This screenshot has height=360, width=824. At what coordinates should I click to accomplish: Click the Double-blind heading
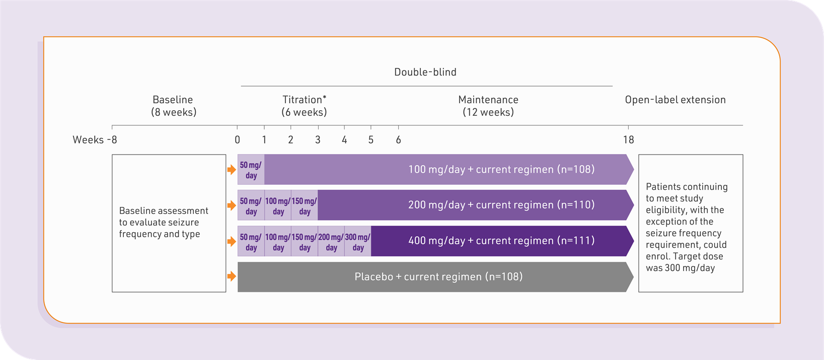[x=425, y=72]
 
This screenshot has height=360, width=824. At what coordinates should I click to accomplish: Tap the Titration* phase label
[x=304, y=100]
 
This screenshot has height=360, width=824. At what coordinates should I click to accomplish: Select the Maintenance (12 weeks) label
[x=488, y=106]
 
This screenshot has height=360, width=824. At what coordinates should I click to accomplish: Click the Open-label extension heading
[x=675, y=100]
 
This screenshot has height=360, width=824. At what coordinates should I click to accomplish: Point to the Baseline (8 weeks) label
[x=173, y=106]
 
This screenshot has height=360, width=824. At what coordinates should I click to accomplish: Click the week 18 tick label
[x=628, y=140]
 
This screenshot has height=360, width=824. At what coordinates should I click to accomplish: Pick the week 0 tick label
[x=237, y=140]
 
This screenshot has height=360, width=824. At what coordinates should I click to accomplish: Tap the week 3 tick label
[x=318, y=140]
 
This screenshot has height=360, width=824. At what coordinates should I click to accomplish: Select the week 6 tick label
[x=398, y=140]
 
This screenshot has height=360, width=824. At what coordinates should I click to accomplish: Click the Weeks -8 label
[x=95, y=140]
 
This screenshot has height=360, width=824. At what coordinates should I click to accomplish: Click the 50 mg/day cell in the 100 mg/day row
[x=251, y=170]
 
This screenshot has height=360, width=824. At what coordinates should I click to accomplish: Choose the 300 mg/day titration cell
[x=358, y=242]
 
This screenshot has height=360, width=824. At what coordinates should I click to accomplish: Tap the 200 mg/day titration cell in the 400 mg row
[x=331, y=242]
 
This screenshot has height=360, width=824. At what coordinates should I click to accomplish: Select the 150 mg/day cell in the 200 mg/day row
[x=304, y=205]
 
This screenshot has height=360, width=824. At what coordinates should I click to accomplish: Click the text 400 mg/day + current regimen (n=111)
[x=501, y=241]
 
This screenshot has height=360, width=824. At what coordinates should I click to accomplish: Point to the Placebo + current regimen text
[x=438, y=277]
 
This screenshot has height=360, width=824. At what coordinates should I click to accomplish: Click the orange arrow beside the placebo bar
[x=232, y=276]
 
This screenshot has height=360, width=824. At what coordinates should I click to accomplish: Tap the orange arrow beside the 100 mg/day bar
[x=232, y=170]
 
